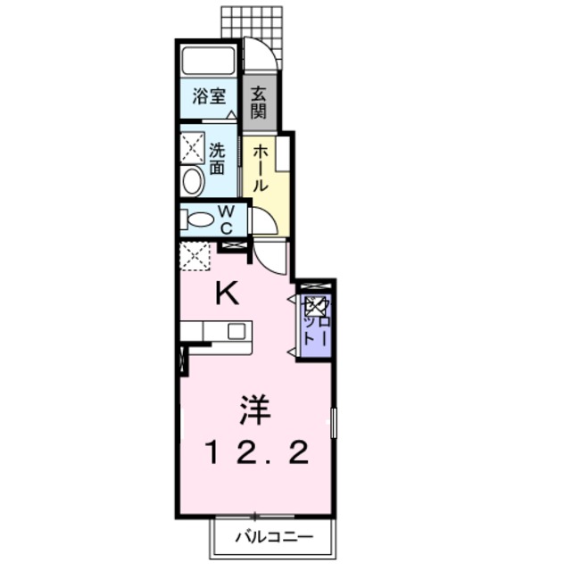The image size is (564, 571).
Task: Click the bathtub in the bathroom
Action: coord(208,62)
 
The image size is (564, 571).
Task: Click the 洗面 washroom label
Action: coord(217,157)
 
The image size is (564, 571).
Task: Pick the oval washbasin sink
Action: coord(193,181)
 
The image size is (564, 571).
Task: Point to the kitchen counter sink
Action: coord(236,331)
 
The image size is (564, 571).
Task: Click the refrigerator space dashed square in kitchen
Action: coord(195,255)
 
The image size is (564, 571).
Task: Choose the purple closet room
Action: coord(316,322)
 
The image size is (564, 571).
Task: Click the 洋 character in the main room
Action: coord(253,412)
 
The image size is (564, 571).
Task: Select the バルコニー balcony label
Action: coord(274,538)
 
